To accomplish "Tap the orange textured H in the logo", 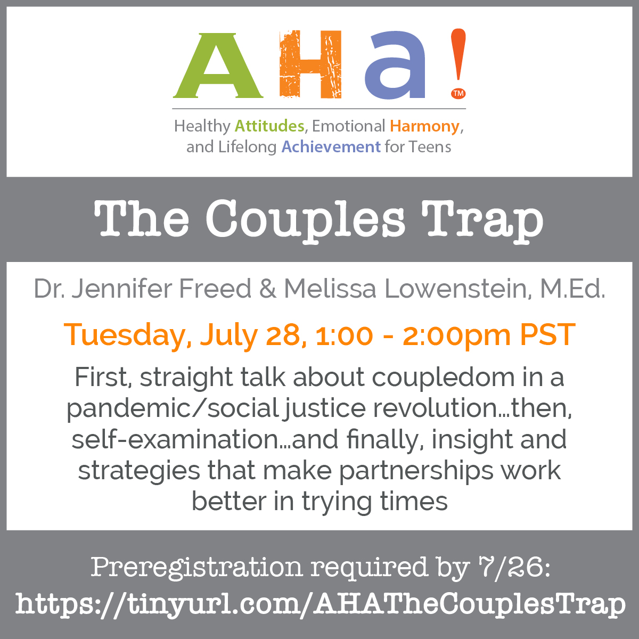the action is pos(310,64).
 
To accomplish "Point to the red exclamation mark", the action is pos(458,55).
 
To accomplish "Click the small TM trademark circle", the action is pos(458,94).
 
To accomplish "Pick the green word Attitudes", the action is pos(269,126).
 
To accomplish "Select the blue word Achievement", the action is pos(331,147).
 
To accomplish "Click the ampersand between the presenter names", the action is pos(268,289).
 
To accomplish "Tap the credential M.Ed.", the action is pos(572,289).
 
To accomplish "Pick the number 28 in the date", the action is pos(283,335).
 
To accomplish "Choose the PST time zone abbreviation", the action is pos(547,335).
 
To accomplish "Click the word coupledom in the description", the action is pos(443,378).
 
